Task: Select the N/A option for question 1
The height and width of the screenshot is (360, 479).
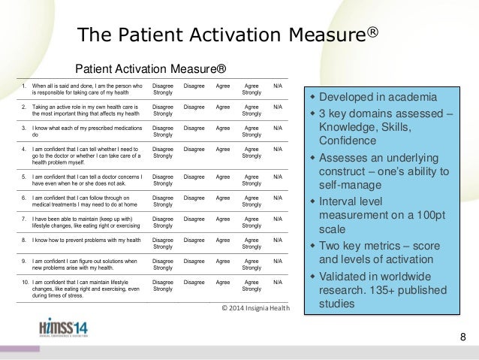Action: pos(278,86)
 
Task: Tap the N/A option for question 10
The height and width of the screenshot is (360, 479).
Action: pos(278,281)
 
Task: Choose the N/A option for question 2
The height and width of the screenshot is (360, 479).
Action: pos(278,107)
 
